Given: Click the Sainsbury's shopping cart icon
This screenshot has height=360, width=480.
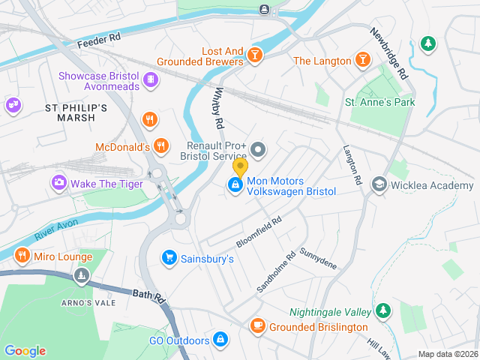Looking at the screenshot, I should point(169,258).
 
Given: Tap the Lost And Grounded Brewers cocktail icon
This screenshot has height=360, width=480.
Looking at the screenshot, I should point(255,56).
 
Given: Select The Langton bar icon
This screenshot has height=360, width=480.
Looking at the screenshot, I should point(362,60).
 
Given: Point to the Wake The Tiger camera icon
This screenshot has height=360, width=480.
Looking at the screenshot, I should point(58,182).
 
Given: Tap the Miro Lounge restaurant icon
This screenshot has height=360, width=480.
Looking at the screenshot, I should point(21,256).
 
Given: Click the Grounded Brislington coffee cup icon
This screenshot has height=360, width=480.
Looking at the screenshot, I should point(257,326).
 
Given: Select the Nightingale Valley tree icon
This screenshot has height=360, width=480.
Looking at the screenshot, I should point(383,310).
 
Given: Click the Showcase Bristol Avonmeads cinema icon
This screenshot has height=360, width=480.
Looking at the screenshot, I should point(150,79).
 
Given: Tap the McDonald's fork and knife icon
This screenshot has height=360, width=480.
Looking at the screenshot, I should point(160,146).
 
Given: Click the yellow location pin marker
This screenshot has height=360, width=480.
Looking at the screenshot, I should point(240,166).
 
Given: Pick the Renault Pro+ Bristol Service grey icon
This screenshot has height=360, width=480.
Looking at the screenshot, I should point(258,150).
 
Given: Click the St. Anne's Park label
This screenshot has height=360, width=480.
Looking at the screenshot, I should point(379,102).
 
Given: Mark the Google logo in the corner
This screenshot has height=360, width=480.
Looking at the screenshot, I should point(25,351).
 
